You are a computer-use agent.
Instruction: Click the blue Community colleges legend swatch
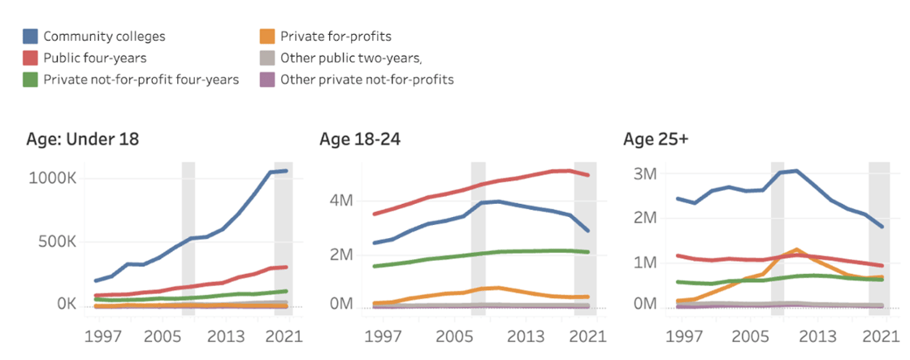(x=31, y=37)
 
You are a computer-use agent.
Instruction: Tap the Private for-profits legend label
(x=336, y=37)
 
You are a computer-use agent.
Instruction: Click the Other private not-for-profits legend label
(x=366, y=79)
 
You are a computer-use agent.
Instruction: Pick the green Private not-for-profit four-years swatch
(x=31, y=79)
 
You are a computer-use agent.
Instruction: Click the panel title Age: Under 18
(x=82, y=139)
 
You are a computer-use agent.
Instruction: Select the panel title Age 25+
(x=655, y=139)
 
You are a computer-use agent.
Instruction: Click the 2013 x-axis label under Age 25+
(x=820, y=336)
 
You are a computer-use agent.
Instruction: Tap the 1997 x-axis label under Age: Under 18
(x=104, y=336)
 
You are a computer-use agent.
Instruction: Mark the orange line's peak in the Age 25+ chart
(x=796, y=249)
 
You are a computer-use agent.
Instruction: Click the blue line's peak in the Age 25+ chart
(x=796, y=171)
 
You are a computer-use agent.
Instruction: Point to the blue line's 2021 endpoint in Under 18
(x=287, y=171)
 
